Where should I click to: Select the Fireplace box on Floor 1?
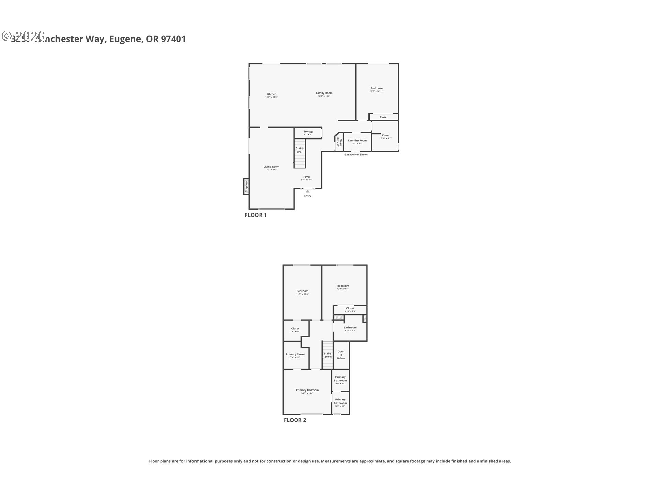click(246, 187)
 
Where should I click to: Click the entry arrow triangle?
click(308, 191)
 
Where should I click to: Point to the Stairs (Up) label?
click(299, 150)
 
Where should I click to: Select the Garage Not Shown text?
click(356, 155)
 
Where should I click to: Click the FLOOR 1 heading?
click(255, 215)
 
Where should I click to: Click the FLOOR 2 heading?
click(295, 420)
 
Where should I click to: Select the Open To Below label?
click(341, 355)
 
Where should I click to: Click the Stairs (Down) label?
click(327, 355)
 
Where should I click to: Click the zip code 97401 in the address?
click(173, 39)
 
